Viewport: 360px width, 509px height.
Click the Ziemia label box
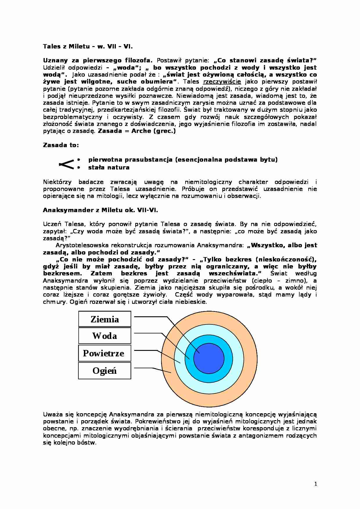point(105,319)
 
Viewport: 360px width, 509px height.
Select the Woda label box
point(105,336)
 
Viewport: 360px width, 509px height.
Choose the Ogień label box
point(105,371)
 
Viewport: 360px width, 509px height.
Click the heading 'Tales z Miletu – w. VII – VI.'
point(88,46)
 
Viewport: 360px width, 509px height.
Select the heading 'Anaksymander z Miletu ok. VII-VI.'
point(100,210)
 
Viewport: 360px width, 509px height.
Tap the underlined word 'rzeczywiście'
point(222,82)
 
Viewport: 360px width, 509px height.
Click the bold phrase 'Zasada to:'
point(61,145)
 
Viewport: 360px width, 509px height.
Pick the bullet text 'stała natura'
point(109,167)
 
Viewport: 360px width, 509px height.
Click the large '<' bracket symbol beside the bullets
point(66,164)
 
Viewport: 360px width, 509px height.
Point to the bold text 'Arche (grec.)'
point(154,131)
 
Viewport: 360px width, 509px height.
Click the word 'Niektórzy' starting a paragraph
point(57,182)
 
